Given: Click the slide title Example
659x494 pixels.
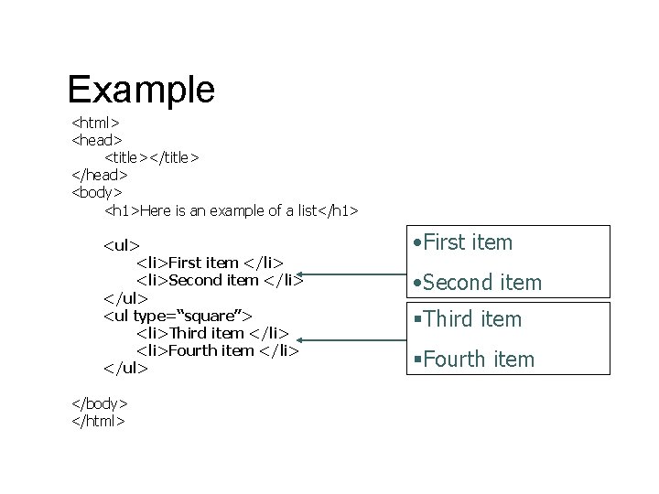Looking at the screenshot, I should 141,90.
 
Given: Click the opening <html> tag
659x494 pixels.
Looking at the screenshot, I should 96,123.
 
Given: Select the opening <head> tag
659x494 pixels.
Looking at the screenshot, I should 96,140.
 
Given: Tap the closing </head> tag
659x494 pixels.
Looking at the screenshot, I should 99,175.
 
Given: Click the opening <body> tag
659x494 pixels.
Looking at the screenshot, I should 97,192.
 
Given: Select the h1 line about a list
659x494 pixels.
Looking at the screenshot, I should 232,211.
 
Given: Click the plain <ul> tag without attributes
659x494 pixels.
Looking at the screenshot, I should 122,245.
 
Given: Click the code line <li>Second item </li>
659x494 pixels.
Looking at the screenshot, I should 220,280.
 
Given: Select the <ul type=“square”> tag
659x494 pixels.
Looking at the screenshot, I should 178,316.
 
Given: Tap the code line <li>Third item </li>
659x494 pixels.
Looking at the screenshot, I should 212,333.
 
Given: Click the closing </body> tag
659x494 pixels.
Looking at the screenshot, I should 99,403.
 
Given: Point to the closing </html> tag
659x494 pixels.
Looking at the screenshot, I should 98,421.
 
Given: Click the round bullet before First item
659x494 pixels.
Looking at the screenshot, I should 416,243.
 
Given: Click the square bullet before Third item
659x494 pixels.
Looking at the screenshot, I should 416,319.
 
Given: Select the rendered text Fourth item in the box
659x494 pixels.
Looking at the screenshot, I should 479,360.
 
